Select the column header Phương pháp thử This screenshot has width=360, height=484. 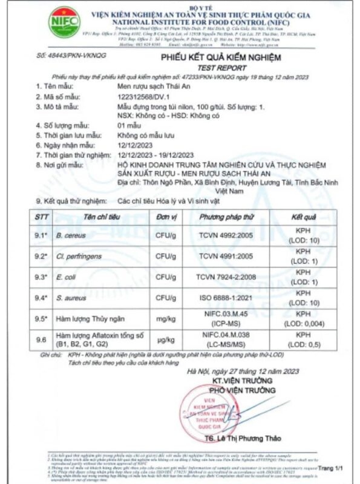[226, 217]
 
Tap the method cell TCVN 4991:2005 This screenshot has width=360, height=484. [226, 256]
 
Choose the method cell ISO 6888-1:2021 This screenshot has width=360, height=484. [226, 298]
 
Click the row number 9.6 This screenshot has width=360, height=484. [41, 340]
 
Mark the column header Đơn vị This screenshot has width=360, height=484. [165, 217]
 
